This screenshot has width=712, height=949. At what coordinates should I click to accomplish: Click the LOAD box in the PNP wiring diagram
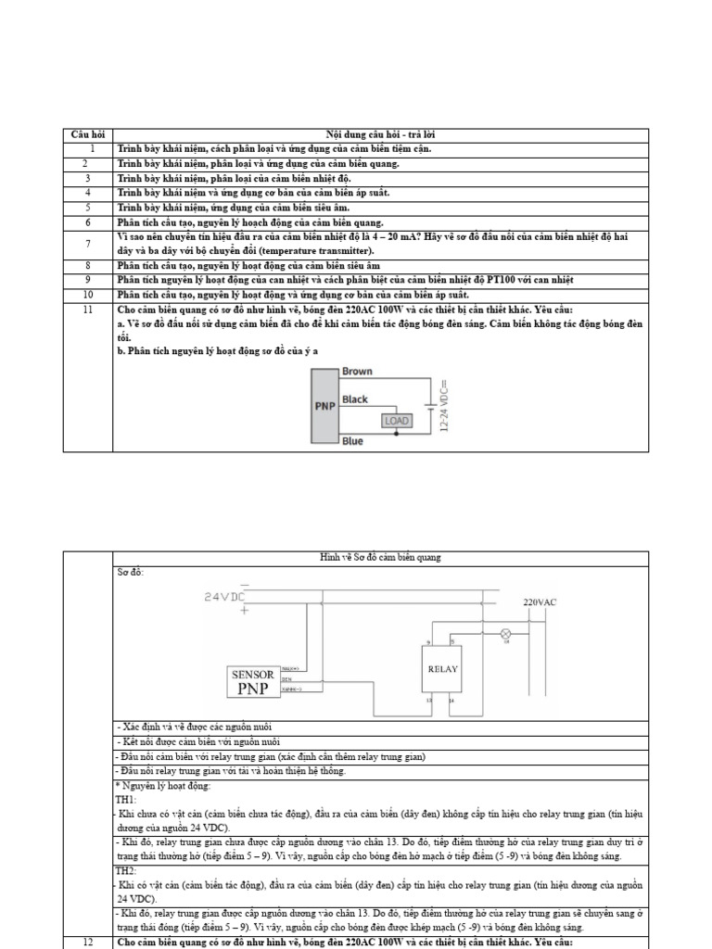[x=396, y=421]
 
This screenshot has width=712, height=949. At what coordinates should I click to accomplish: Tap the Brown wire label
[x=358, y=372]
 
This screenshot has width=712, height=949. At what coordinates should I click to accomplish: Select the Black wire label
[x=355, y=399]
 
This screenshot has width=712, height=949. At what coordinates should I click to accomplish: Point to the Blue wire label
[x=352, y=441]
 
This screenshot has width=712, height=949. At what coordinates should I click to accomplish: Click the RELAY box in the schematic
[x=440, y=668]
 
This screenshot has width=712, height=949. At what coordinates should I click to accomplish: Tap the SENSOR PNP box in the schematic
[x=254, y=682]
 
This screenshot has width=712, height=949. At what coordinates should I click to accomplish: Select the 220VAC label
[x=541, y=602]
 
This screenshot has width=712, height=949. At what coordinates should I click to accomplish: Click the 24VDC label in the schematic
[x=225, y=596]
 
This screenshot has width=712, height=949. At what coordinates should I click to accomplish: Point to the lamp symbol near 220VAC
[x=505, y=634]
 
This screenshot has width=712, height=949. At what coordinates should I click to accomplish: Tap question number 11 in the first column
[x=88, y=309]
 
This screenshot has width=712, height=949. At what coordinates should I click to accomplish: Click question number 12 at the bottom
[x=88, y=942]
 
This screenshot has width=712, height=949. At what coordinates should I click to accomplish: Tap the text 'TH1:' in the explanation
[x=126, y=799]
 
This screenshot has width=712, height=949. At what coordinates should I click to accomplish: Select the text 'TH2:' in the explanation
[x=126, y=872]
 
